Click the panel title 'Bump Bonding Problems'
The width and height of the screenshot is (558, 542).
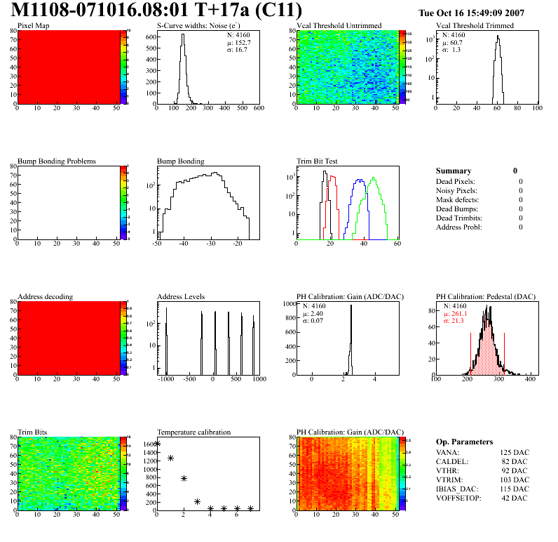[57, 161]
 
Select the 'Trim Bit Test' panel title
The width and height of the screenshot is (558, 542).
[318, 161]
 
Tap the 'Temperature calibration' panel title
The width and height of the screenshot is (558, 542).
[194, 432]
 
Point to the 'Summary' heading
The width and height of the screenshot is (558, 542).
[454, 171]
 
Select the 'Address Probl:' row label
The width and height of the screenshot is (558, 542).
[459, 227]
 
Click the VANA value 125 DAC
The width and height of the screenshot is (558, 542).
[515, 453]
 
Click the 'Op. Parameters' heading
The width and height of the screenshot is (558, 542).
[464, 442]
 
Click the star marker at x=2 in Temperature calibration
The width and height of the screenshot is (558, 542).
[184, 478]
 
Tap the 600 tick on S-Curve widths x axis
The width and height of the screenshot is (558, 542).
[258, 109]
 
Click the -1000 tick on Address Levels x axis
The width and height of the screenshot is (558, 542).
[166, 379]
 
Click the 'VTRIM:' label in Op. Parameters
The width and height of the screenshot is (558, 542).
[448, 480]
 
